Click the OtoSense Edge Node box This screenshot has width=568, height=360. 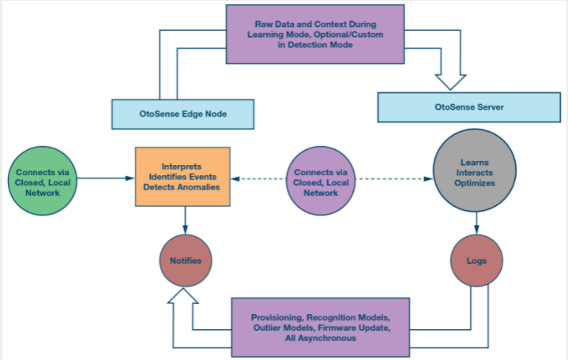click(183, 114)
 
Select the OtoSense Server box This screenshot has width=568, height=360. click(469, 107)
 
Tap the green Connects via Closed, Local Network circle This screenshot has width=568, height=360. click(43, 181)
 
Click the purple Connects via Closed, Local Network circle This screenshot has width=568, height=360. click(321, 181)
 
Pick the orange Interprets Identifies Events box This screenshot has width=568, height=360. click(182, 177)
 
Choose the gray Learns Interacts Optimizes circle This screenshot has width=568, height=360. click(475, 171)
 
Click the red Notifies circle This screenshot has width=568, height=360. click(186, 261)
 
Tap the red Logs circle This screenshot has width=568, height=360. click(476, 261)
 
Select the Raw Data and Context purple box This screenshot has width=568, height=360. click(315, 35)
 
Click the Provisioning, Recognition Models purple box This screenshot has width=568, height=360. click(321, 328)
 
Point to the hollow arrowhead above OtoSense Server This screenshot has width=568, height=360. click(450, 82)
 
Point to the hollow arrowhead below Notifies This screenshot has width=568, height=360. click(183, 295)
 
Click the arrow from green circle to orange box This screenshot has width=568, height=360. click(106, 178)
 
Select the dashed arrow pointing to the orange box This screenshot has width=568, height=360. click(258, 178)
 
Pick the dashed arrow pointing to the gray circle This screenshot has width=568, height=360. click(394, 178)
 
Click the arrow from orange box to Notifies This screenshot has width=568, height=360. click(185, 220)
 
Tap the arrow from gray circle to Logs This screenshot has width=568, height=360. click(476, 223)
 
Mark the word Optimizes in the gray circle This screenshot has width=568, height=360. click(475, 183)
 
